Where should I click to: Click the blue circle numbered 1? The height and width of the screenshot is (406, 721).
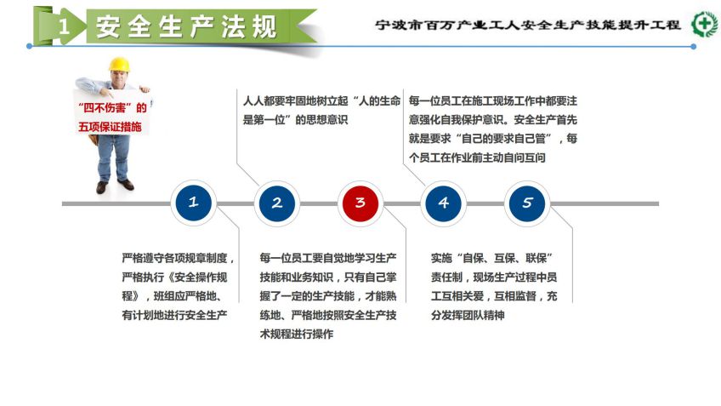193,203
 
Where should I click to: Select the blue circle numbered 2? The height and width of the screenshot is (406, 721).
277,203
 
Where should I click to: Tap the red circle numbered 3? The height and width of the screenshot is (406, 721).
360,203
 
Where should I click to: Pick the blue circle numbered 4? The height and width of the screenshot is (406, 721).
443,203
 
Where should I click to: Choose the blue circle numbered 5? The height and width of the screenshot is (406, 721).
527,203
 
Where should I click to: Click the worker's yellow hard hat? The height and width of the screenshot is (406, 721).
119,65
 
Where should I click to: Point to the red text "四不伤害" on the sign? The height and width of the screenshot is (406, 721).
105,108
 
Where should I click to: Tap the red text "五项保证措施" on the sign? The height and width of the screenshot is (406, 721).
110,127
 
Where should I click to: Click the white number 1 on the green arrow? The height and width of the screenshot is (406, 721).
64,26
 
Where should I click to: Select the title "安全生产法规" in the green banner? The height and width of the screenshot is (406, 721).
186,26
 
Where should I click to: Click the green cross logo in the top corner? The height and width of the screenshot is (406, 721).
705,24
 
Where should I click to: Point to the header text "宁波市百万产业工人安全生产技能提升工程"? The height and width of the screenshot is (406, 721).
527,25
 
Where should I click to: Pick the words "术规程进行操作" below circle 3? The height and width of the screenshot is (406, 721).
297,335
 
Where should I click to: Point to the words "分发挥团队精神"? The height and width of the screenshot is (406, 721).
468,315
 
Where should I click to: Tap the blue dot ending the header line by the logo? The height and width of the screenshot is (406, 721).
694,47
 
